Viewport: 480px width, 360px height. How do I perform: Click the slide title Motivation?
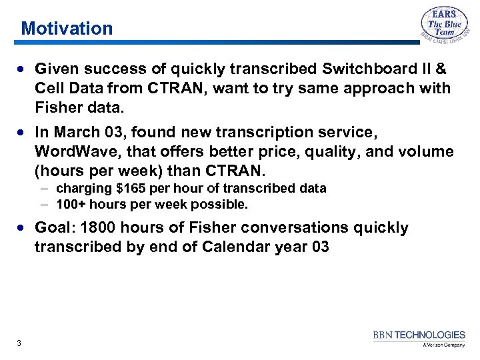pos(67,29)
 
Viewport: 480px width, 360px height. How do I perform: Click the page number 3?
pos(19,343)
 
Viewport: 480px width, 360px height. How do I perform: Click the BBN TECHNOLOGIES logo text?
pos(419,335)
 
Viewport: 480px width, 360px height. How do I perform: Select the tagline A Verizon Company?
pos(443,345)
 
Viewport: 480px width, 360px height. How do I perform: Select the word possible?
pos(224,204)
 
